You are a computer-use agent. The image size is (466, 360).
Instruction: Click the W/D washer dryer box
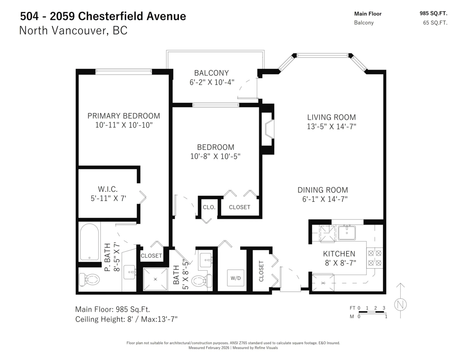pyautogui.click(x=235, y=278)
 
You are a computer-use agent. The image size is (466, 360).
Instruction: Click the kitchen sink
pyautogui.click(x=347, y=233)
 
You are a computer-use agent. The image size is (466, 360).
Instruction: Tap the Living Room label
pyautogui.click(x=331, y=117)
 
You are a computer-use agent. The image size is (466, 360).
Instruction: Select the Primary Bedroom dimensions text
pyautogui.click(x=124, y=125)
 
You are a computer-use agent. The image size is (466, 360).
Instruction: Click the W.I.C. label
pyautogui.click(x=108, y=189)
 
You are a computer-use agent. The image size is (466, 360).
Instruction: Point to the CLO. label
pyautogui.click(x=209, y=207)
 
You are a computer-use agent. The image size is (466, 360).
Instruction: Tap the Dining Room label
pyautogui.click(x=322, y=190)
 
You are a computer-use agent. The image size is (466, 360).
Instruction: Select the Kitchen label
pyautogui.click(x=339, y=254)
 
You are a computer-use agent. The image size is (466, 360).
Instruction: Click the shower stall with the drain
pyautogui.click(x=155, y=279)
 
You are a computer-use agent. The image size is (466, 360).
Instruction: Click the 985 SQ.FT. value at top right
pyautogui.click(x=433, y=13)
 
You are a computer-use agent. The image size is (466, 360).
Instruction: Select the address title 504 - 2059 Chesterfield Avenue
pyautogui.click(x=103, y=16)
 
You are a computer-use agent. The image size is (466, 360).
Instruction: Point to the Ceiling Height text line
pyautogui.click(x=126, y=319)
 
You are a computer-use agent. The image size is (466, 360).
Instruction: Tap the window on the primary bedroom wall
pyautogui.click(x=123, y=71)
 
